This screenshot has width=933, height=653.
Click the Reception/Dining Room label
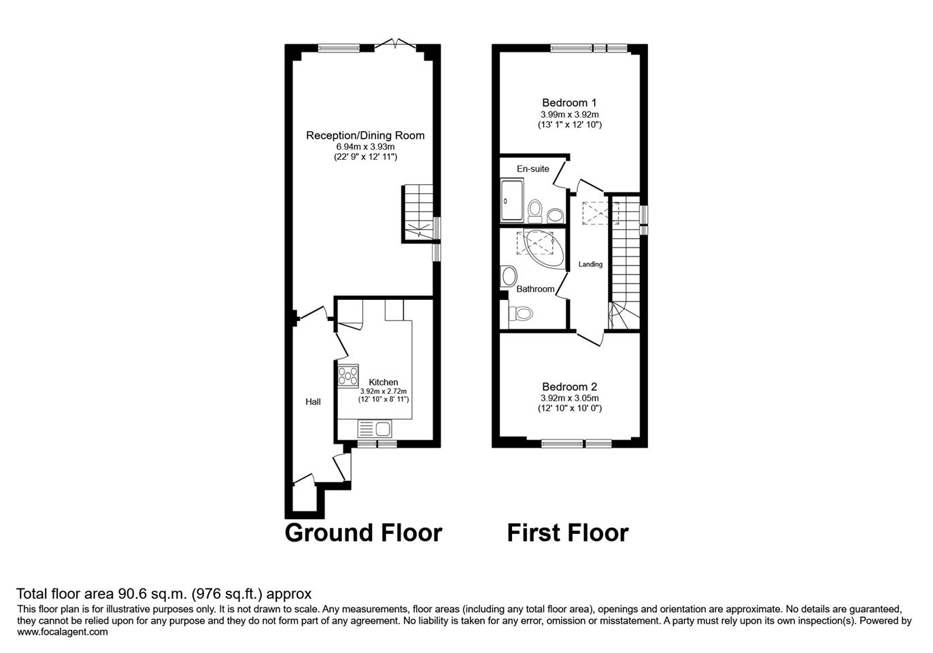(365, 135)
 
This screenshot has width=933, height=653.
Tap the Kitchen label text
(384, 382)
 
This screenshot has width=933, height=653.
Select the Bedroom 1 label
(569, 103)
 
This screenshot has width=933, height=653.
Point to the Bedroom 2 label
(569, 387)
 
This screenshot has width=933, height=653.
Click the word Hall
(313, 402)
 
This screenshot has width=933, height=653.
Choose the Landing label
(590, 264)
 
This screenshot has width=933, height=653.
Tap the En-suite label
(532, 169)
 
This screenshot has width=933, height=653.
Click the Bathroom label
(535, 289)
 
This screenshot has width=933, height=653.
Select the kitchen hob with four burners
(347, 375)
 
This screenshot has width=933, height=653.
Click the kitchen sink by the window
(375, 429)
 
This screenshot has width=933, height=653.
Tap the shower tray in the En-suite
(511, 200)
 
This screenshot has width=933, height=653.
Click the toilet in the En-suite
(535, 212)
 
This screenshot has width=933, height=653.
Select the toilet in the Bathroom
(521, 314)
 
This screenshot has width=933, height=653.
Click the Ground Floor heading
(363, 533)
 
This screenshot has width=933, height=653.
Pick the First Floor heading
(568, 533)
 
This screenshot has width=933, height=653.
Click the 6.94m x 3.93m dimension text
(365, 147)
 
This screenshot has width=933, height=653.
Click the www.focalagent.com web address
(63, 632)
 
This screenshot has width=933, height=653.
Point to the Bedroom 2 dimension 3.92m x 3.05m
(569, 398)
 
